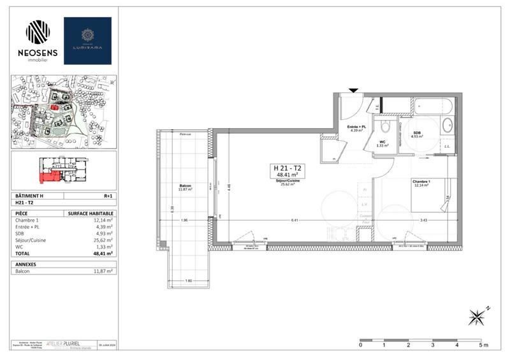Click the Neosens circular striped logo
point(38,32)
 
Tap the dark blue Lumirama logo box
point(87,40)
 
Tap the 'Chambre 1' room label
point(421,182)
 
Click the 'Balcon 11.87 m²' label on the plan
point(186,188)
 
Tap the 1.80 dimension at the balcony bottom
point(188,281)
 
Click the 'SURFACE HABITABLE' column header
point(90,213)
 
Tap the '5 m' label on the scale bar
point(483,345)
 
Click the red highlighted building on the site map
point(55,108)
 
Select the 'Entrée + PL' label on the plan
point(356,127)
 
